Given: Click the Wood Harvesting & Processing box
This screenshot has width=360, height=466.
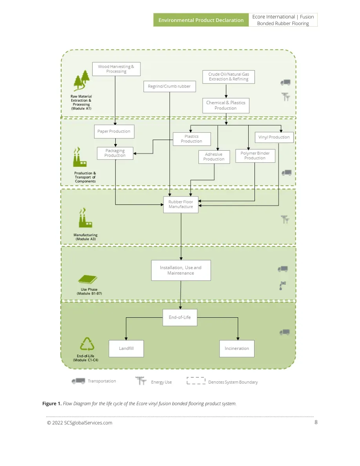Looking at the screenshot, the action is coord(116,69).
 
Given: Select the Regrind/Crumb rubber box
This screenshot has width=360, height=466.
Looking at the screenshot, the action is coord(169,86).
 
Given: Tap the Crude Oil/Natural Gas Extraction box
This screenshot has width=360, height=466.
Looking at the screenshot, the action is coord(228,76).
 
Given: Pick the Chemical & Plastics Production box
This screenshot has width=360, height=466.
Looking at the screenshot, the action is coord(226,106).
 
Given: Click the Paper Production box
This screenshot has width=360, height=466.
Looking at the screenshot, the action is coord(114,131).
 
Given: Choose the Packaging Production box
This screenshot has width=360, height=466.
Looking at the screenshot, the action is coord(115,153).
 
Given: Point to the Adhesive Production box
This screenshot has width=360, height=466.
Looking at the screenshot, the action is coord(214,157).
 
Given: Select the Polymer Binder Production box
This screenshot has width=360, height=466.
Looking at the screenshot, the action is coord(255,156).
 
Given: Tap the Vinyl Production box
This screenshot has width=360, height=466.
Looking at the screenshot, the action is coord(274,137).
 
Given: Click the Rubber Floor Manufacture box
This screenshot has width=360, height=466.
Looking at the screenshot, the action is coord(181,204).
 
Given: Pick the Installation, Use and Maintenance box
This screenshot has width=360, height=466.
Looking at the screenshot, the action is coord(181,270).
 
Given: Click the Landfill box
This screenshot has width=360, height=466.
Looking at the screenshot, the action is coord(126,349).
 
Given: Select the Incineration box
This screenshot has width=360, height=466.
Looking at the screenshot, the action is coord(237,349).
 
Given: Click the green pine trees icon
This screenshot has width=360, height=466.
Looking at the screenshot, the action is coord(82,80).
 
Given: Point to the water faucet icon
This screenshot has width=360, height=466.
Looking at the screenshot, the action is coord(282,285).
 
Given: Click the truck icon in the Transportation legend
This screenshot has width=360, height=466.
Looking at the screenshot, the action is coord(78,381).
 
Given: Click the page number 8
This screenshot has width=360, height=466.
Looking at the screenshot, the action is coord(316,422).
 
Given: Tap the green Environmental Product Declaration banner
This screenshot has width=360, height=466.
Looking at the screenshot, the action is coord(201,20).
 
